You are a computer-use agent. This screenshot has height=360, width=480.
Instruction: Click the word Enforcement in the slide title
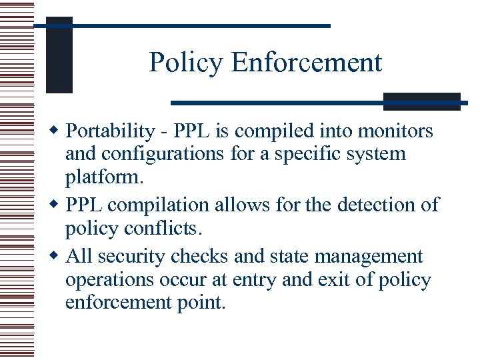click(307, 63)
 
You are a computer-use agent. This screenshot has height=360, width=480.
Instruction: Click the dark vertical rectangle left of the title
click(59, 55)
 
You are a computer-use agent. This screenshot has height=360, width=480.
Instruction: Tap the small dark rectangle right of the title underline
click(422, 101)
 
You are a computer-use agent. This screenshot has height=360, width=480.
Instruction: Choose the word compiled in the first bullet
click(269, 131)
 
